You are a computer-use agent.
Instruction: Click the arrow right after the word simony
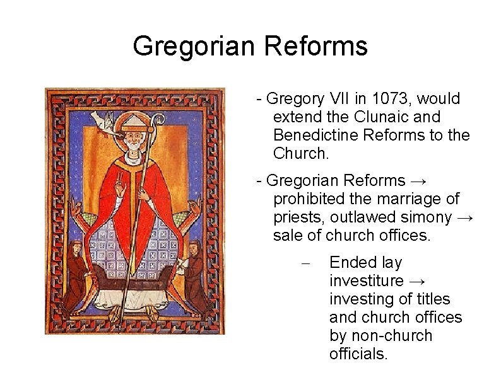465,217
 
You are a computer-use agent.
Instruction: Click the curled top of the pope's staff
158,118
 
